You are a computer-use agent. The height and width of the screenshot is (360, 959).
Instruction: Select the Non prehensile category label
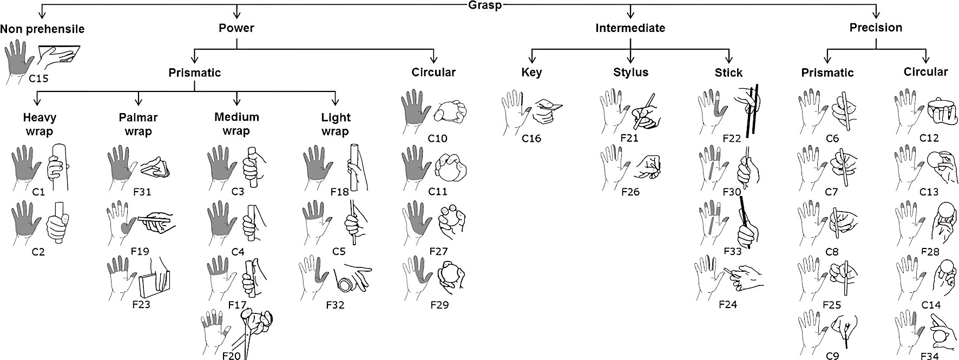42,28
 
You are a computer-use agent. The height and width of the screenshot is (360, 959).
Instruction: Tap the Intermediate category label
630,28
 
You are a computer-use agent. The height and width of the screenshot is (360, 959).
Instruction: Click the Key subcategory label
531,73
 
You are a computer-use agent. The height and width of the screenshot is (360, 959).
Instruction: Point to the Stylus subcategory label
630,73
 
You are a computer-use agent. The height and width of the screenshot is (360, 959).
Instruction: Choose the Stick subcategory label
728,73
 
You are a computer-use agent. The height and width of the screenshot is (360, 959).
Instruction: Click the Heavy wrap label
40,124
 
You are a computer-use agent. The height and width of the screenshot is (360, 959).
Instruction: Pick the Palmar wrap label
139,124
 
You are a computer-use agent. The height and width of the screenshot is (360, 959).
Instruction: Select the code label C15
38,79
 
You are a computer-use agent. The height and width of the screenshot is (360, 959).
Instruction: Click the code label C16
531,139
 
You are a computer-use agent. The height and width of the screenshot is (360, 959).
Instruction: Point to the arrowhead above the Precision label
876,15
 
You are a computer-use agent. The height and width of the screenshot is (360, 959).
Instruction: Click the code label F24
728,304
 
